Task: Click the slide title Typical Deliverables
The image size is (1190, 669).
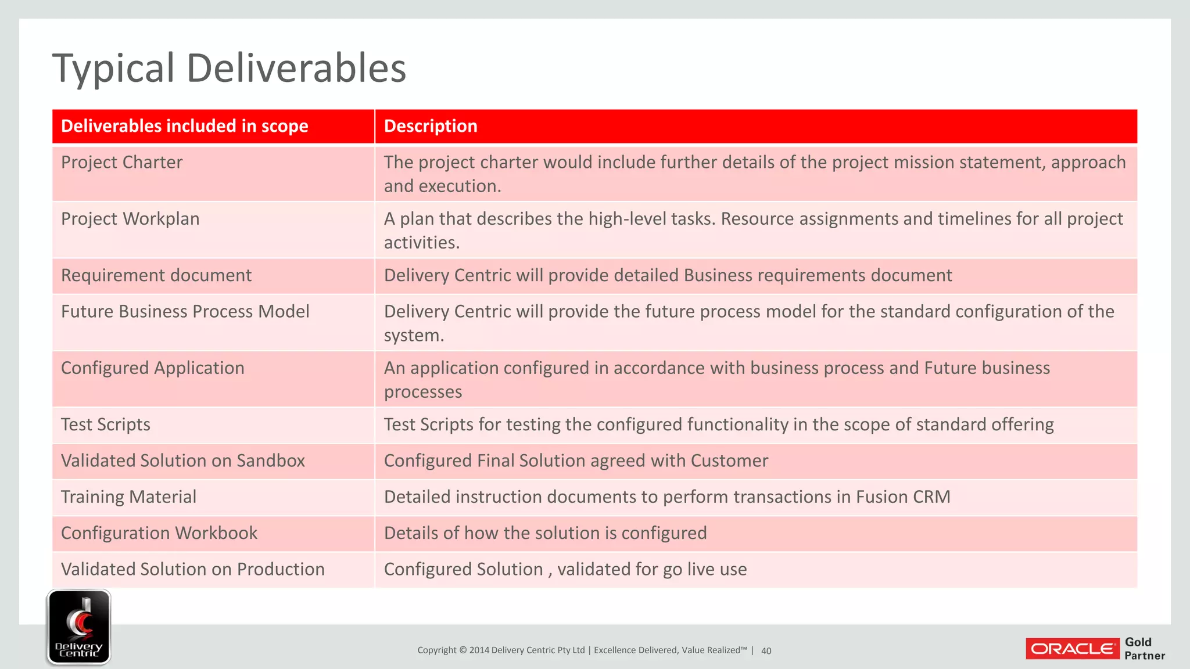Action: pos(229,69)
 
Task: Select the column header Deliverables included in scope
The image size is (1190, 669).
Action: pos(184,126)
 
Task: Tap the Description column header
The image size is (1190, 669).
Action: pos(431,126)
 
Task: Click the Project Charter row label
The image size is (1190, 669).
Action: pos(121,163)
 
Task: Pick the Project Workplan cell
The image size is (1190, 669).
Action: pos(130,219)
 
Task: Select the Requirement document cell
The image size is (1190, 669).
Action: pos(156,275)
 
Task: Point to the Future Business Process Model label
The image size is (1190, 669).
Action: pos(185,312)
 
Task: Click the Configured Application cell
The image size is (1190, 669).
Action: pos(152,368)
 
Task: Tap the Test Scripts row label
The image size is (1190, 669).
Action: pos(105,425)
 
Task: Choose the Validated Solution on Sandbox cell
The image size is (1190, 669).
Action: pos(182,461)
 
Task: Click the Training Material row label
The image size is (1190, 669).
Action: pos(128,497)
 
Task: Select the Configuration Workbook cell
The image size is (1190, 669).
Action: pos(159,533)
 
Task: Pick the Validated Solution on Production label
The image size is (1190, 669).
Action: pos(192,569)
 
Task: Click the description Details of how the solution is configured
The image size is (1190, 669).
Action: pos(545,533)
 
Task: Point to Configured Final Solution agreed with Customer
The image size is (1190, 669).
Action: pos(576,461)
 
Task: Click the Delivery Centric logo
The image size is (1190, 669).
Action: pos(79,627)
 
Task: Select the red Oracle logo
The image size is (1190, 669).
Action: pos(1073,649)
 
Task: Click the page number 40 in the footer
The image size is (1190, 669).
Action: pos(766,651)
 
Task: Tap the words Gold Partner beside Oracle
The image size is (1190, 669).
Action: pos(1144,649)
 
